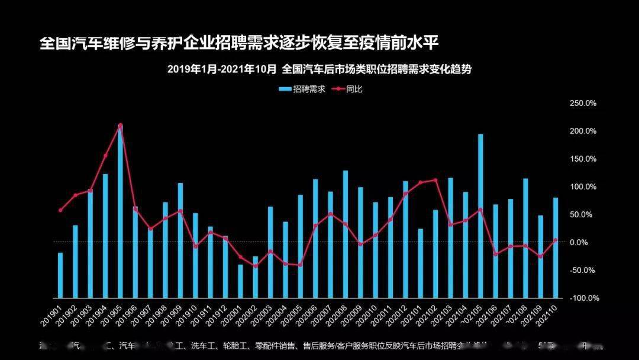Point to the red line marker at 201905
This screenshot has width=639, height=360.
120,126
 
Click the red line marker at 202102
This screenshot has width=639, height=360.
435,180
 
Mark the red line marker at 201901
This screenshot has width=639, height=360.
60,210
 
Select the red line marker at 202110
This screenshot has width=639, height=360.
556,240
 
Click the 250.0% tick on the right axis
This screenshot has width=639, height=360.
583,103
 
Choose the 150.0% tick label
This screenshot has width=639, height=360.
583,159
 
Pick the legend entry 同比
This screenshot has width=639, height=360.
354,89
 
